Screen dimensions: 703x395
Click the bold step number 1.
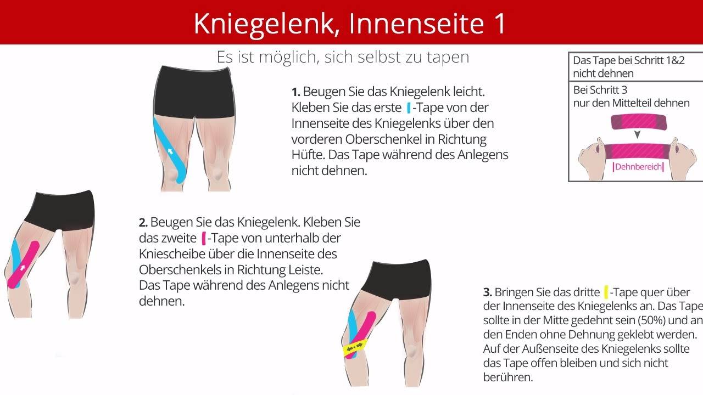[x=295, y=92]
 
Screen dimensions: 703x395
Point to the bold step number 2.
[x=143, y=223]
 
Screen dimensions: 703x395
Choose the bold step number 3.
[x=487, y=292]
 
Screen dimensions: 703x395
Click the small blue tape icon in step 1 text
[x=409, y=108]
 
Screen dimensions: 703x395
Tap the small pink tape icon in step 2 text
[x=204, y=238]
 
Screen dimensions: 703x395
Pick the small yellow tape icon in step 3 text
[x=606, y=292]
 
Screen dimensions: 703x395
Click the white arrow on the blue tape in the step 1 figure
[x=170, y=151]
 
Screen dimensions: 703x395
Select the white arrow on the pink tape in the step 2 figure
[x=23, y=267]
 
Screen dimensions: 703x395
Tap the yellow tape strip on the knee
[x=355, y=347]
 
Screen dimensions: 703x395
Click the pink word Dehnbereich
[x=638, y=167]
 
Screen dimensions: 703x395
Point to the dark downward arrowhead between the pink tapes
[x=638, y=135]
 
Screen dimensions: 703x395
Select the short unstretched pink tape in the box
[x=639, y=122]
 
